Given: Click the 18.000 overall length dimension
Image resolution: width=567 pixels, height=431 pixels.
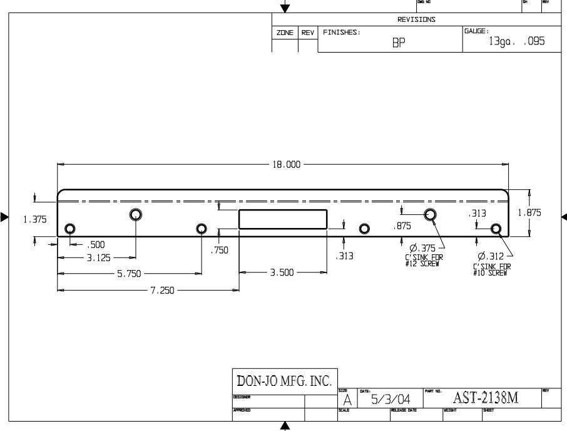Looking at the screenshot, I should tap(285, 165).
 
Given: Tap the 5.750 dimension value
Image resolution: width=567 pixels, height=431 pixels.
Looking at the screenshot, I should tap(129, 274).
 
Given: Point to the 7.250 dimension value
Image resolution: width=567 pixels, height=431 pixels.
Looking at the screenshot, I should tap(161, 291).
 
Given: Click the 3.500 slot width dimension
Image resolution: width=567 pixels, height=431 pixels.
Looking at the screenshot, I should tap(282, 273).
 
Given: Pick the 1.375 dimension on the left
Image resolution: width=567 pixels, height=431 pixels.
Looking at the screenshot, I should tap(34, 219).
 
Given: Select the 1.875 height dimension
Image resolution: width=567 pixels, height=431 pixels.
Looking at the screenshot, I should tap(529, 213).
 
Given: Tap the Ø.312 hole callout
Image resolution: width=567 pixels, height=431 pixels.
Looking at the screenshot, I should tap(490, 256).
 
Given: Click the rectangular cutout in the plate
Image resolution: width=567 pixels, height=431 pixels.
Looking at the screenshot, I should tap(283, 219).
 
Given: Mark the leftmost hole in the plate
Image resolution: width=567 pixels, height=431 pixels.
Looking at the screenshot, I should tap(71, 228).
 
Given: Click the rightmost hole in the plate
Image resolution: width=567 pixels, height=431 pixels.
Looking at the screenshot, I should tap(496, 229).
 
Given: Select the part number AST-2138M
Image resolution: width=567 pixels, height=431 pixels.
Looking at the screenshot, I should tap(486, 397).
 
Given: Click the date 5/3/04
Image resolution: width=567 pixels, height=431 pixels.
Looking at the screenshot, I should tap(391, 399).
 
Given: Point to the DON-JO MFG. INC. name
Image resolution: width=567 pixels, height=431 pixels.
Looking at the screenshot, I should tap(285, 381).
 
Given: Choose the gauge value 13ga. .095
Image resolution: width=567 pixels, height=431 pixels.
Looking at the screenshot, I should tap(517, 41).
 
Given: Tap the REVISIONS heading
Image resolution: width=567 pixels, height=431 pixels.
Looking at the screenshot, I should tap(416, 19).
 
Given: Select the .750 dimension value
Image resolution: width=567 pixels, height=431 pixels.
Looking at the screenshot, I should tap(220, 250).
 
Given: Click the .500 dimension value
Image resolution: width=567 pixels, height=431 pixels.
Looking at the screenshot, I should tap(96, 244).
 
